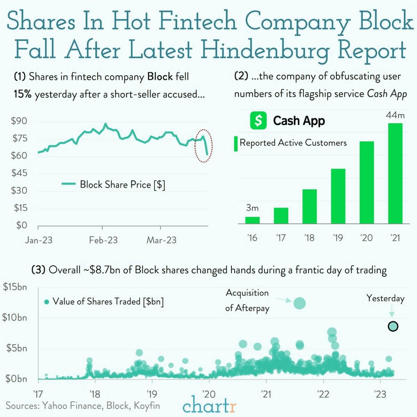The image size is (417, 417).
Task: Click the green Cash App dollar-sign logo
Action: tap(258, 120)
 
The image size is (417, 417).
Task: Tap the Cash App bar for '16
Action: tap(252, 220)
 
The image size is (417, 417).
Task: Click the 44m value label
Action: tap(395, 115)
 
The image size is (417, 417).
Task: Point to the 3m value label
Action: tap(252, 208)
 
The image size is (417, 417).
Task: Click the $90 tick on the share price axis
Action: tap(19, 121)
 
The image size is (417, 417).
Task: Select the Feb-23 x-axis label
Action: tap(103, 240)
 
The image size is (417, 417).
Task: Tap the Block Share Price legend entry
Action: tap(113, 184)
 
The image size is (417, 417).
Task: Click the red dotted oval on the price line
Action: tap(204, 145)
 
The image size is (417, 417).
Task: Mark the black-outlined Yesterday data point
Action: tap(393, 326)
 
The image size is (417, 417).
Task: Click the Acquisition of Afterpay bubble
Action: tap(299, 303)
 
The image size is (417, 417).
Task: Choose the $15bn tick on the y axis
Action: tap(15, 287)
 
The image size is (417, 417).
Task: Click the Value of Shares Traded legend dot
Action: tap(47, 302)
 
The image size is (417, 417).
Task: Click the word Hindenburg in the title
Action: tap(265, 49)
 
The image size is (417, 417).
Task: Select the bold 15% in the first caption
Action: tap(23, 94)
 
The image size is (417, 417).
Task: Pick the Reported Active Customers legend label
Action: tap(293, 143)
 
